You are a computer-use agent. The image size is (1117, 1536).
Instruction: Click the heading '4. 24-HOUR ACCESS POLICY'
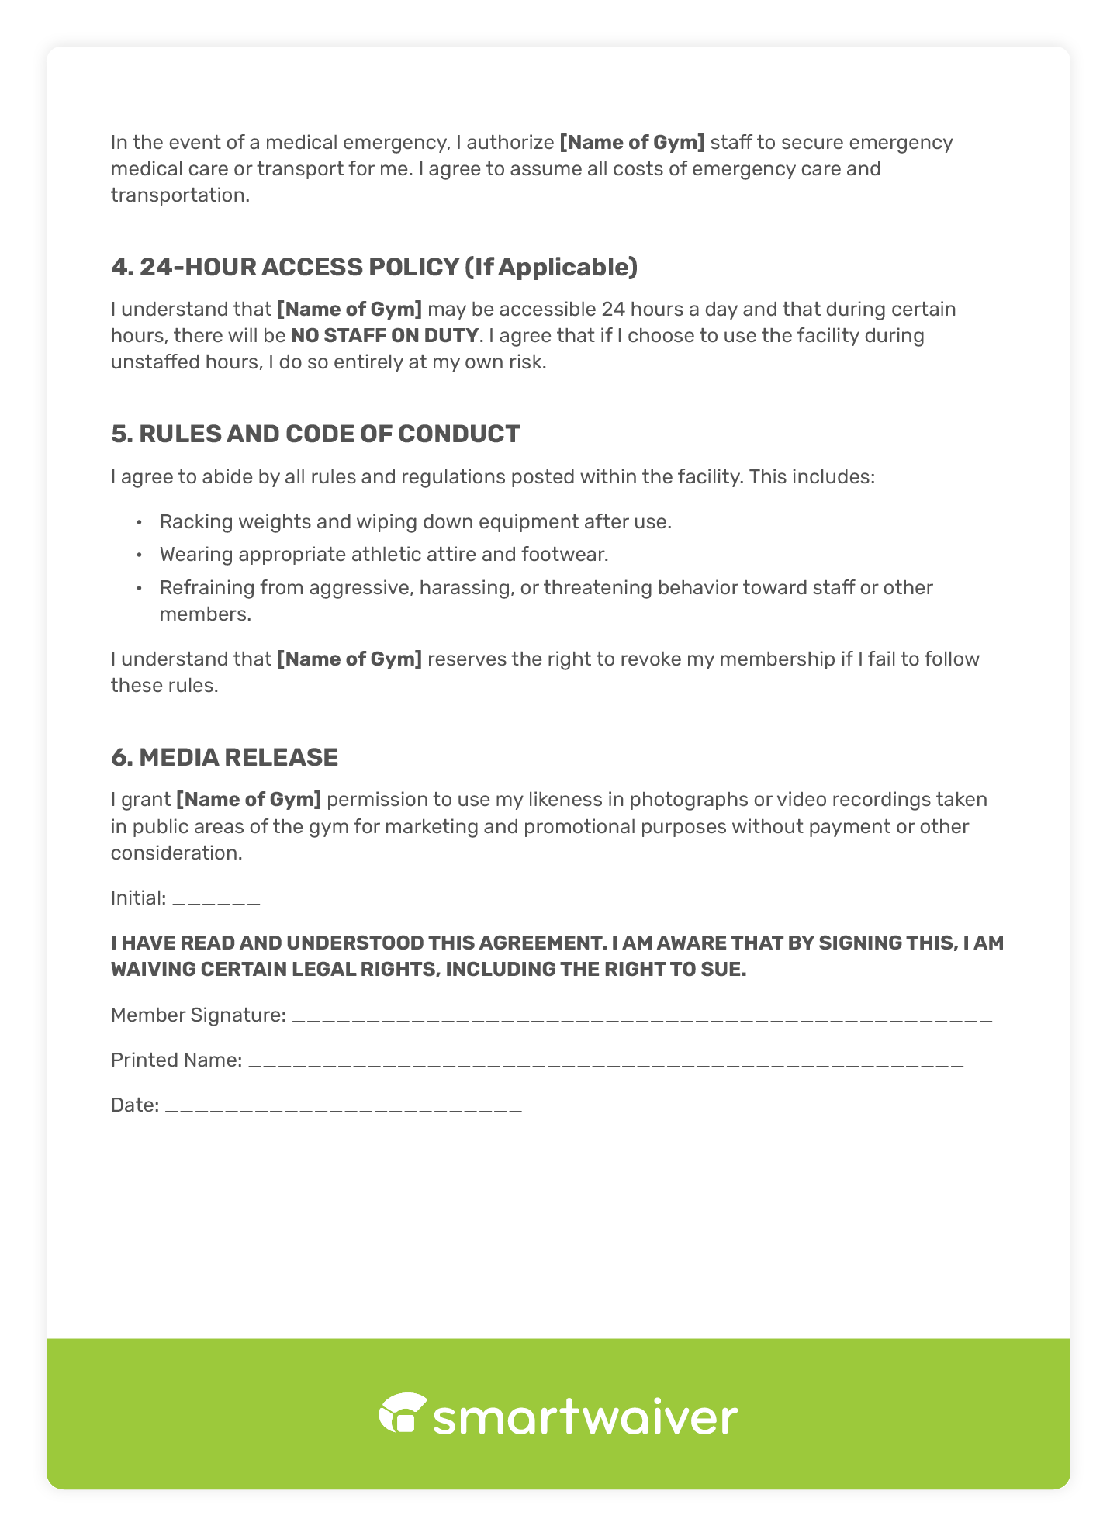pyautogui.click(x=374, y=267)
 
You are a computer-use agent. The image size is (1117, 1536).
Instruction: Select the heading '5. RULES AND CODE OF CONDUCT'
pyautogui.click(x=315, y=434)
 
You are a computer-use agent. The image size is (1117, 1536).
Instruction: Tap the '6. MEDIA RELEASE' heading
pyautogui.click(x=224, y=757)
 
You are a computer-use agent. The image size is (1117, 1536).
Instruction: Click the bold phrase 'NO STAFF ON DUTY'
pyautogui.click(x=385, y=336)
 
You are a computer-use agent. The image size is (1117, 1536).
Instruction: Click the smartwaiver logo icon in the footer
pyautogui.click(x=403, y=1413)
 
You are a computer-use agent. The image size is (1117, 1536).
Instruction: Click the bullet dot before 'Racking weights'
pyautogui.click(x=139, y=522)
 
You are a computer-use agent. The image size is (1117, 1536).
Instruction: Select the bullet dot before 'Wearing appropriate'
pyautogui.click(x=139, y=555)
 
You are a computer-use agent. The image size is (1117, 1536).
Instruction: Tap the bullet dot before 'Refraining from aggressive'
pyautogui.click(x=139, y=588)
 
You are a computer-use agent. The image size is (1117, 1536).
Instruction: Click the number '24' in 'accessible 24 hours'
pyautogui.click(x=613, y=310)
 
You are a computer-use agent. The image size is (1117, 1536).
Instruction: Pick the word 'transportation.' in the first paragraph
pyautogui.click(x=180, y=195)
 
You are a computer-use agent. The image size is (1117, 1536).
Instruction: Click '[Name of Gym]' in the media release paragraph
pyautogui.click(x=248, y=799)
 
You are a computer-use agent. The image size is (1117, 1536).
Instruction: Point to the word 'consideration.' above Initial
pyautogui.click(x=176, y=853)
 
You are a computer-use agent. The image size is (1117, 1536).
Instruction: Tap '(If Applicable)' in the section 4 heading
pyautogui.click(x=551, y=267)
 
